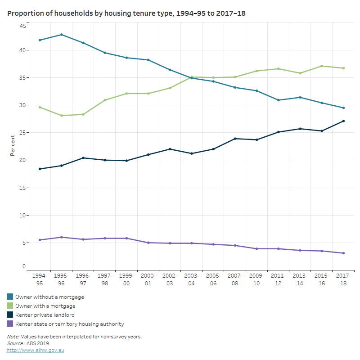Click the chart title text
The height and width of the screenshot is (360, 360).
click(126, 14)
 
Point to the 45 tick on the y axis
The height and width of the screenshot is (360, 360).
click(22, 26)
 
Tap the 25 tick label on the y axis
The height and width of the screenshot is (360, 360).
click(22, 133)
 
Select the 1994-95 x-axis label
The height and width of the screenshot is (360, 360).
click(40, 278)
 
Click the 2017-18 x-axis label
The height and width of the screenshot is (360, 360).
click(343, 278)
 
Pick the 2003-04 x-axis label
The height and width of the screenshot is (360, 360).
click(192, 278)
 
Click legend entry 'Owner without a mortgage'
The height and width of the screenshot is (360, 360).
click(49, 297)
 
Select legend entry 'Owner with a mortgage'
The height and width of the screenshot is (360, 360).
click(45, 306)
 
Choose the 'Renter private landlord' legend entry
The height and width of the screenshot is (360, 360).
click(45, 315)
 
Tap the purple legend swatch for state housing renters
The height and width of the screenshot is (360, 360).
click(10, 324)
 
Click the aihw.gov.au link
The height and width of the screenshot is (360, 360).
click(36, 350)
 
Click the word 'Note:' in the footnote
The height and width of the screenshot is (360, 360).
click(13, 337)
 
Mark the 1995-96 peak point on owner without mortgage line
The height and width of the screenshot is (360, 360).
click(61, 35)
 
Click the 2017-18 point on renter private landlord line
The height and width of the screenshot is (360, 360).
click(343, 121)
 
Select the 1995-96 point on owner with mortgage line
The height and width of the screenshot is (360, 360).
click(61, 116)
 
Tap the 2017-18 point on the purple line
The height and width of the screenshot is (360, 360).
click(343, 253)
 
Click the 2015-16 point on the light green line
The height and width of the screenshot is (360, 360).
click(322, 66)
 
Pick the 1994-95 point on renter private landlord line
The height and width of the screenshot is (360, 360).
click(40, 169)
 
